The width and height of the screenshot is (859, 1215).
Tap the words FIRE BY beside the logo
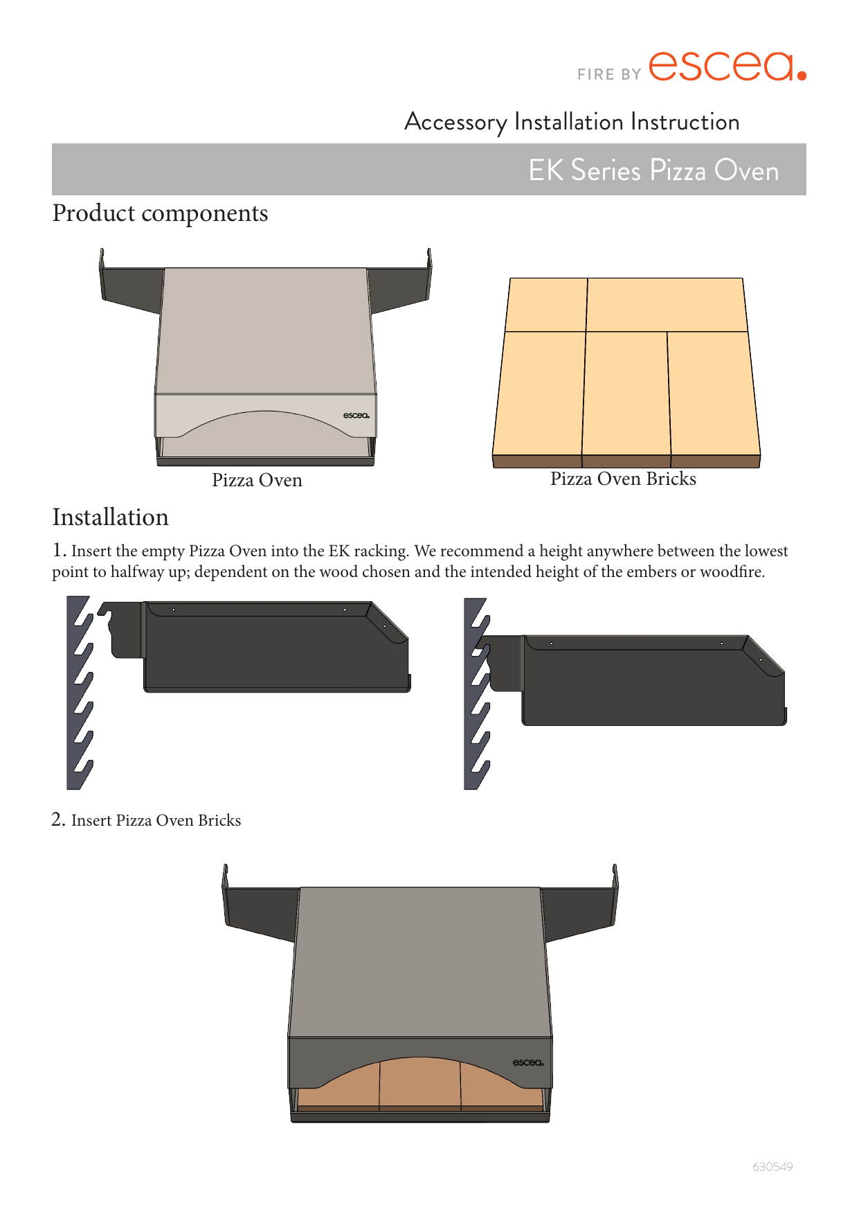[x=609, y=74]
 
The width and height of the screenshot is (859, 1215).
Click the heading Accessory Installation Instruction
[x=572, y=122]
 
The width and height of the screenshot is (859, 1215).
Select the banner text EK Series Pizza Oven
[x=653, y=170]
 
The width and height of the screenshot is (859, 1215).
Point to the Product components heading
[x=160, y=213]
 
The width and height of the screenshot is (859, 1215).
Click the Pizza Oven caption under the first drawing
[x=257, y=480]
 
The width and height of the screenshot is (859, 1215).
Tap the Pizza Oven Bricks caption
[x=623, y=479]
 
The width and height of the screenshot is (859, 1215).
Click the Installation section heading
[x=110, y=517]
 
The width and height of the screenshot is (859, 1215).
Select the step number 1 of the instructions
[x=60, y=551]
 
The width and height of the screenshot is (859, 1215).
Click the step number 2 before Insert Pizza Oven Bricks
[x=59, y=819]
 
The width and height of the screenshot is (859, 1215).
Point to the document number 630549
[x=772, y=1167]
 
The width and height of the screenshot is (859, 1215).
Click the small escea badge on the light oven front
[x=356, y=416]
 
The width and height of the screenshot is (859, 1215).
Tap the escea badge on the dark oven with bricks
[x=528, y=1063]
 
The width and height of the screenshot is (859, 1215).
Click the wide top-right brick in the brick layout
[x=667, y=305]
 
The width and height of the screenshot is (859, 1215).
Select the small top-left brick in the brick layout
[x=546, y=305]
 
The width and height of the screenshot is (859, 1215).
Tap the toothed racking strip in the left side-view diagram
[x=80, y=693]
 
